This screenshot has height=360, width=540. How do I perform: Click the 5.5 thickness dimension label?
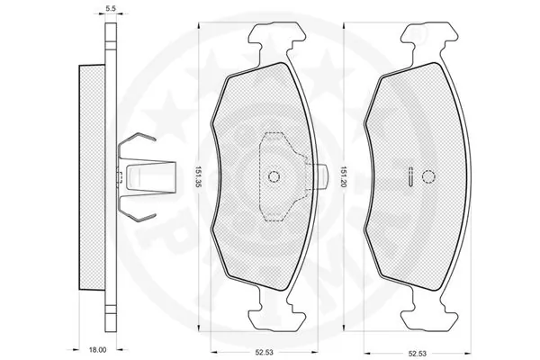point(111,9)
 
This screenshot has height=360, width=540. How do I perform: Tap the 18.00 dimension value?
point(98,350)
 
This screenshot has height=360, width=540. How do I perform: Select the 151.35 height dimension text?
point(198,176)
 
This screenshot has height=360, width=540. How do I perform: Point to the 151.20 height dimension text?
point(344,176)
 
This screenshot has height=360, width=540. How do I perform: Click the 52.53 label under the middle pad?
point(264,353)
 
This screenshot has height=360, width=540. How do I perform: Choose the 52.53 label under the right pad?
point(417,354)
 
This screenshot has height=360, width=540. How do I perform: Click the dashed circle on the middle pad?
point(274,176)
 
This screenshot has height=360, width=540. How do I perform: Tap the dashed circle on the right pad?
point(428,176)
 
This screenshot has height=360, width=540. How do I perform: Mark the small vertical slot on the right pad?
point(410,176)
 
